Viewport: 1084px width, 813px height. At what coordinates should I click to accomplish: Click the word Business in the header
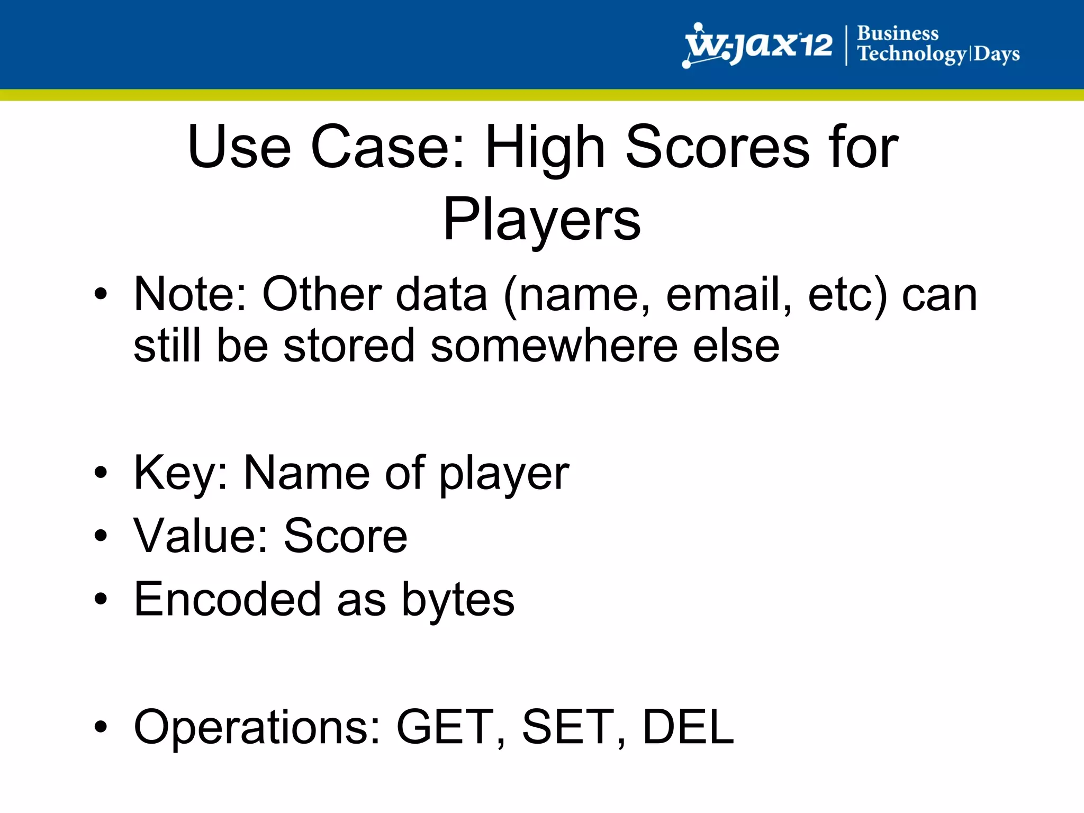897,33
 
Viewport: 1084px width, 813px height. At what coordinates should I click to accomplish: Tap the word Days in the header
997,54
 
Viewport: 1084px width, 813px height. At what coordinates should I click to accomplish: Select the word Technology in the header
911,54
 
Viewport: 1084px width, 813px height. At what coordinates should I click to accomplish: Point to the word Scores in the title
717,147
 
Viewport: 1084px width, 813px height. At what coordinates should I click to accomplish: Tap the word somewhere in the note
554,346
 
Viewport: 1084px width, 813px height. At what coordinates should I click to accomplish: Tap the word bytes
458,600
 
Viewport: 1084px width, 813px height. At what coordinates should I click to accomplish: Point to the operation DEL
688,727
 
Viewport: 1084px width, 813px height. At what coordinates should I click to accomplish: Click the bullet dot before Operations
101,727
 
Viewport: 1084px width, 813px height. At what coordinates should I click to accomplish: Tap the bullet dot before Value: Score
101,536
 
